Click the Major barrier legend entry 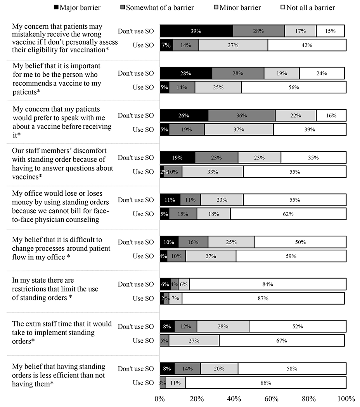(x=77, y=7)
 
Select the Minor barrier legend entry (x=237, y=7)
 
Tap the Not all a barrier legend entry (x=308, y=7)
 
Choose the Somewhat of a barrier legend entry (x=157, y=7)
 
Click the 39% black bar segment (x=196, y=31)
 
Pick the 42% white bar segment (x=307, y=45)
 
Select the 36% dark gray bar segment (x=242, y=116)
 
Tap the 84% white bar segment (x=268, y=284)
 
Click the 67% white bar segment (x=282, y=341)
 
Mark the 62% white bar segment (x=288, y=214)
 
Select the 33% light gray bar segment (x=213, y=172)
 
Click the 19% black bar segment (x=177, y=157)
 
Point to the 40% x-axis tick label (x=234, y=399)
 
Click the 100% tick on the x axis (x=346, y=399)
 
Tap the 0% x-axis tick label (x=159, y=399)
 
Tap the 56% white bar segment (x=294, y=87)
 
